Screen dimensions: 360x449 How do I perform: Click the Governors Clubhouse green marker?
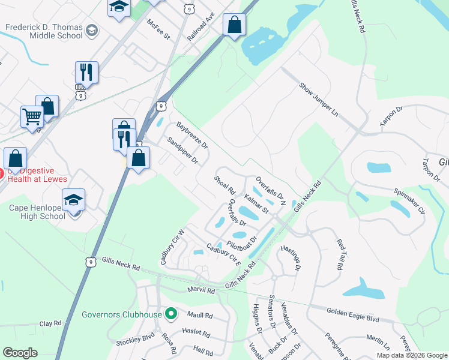[x=171, y=314]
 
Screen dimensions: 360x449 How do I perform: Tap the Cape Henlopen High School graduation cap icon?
[x=74, y=200]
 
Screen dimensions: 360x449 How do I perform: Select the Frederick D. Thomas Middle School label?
[x=44, y=31]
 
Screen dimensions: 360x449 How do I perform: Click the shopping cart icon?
[x=32, y=116]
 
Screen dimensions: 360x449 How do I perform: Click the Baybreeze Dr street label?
[x=192, y=136]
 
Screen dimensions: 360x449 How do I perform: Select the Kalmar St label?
[x=256, y=203]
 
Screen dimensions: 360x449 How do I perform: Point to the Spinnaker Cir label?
[x=409, y=202]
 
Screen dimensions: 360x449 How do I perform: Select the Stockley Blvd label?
[x=136, y=340]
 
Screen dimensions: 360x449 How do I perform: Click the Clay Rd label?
[x=50, y=323]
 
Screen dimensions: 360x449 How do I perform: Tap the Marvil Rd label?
[x=201, y=290]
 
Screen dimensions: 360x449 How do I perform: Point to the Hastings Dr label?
[x=290, y=259]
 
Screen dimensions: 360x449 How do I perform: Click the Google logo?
[x=20, y=353]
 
